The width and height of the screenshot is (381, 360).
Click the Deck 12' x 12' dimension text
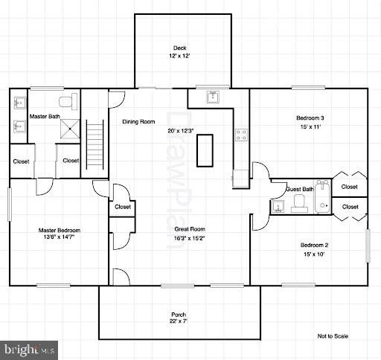click(179, 56)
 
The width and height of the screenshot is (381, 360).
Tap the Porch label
click(179, 315)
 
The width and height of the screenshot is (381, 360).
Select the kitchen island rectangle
click(205, 150)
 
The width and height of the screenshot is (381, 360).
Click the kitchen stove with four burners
click(241, 135)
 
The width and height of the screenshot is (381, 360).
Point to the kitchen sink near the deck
click(213, 97)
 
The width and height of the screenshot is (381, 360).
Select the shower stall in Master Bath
click(70, 129)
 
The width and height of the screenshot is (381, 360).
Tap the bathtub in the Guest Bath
click(323, 196)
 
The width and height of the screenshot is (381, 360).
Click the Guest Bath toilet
click(299, 204)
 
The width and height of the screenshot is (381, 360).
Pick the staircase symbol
click(95, 144)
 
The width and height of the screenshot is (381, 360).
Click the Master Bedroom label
click(60, 231)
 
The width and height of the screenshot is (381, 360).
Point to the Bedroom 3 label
click(310, 118)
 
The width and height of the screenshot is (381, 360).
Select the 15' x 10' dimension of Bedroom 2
click(314, 254)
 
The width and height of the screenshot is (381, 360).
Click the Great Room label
click(190, 229)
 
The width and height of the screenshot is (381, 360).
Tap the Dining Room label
click(138, 122)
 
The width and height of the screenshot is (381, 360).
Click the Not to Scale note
click(333, 336)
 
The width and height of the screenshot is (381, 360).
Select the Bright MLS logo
click(29, 350)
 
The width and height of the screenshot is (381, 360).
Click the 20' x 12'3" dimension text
click(180, 131)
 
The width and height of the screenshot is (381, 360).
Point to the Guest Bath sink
click(278, 207)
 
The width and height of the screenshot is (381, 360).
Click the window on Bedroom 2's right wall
click(368, 245)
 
